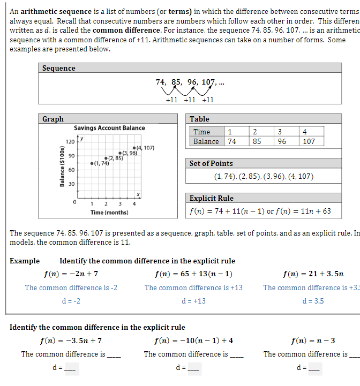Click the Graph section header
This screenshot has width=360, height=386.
tap(53, 119)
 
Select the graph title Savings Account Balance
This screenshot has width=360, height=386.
tap(109, 128)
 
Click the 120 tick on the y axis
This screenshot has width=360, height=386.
tap(70, 141)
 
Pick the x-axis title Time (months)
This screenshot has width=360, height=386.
tap(109, 213)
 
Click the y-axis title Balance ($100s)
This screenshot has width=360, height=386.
tap(62, 166)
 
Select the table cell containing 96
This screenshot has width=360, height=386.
tap(281, 142)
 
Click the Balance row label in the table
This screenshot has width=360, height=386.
tap(206, 142)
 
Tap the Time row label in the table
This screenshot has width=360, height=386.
tap(202, 132)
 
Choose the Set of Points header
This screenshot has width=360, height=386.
tap(211, 163)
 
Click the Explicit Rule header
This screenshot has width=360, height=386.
tap(212, 198)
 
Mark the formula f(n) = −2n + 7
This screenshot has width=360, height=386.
tap(71, 274)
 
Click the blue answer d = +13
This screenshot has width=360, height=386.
tap(193, 301)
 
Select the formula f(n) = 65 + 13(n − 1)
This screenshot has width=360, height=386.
tap(193, 274)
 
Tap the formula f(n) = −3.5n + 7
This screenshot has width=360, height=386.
tap(71, 340)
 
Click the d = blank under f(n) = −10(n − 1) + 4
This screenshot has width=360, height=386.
tap(194, 368)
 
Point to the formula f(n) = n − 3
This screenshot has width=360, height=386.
tap(313, 340)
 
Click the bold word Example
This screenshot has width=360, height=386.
tap(25, 261)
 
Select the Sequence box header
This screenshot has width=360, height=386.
tap(59, 68)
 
